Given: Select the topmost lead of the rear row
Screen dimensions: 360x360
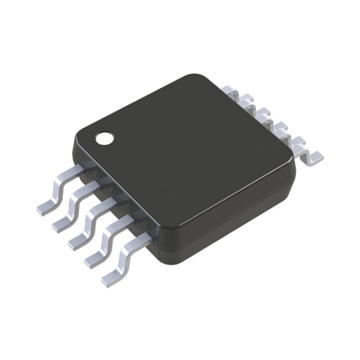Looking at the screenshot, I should click(x=229, y=91).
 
